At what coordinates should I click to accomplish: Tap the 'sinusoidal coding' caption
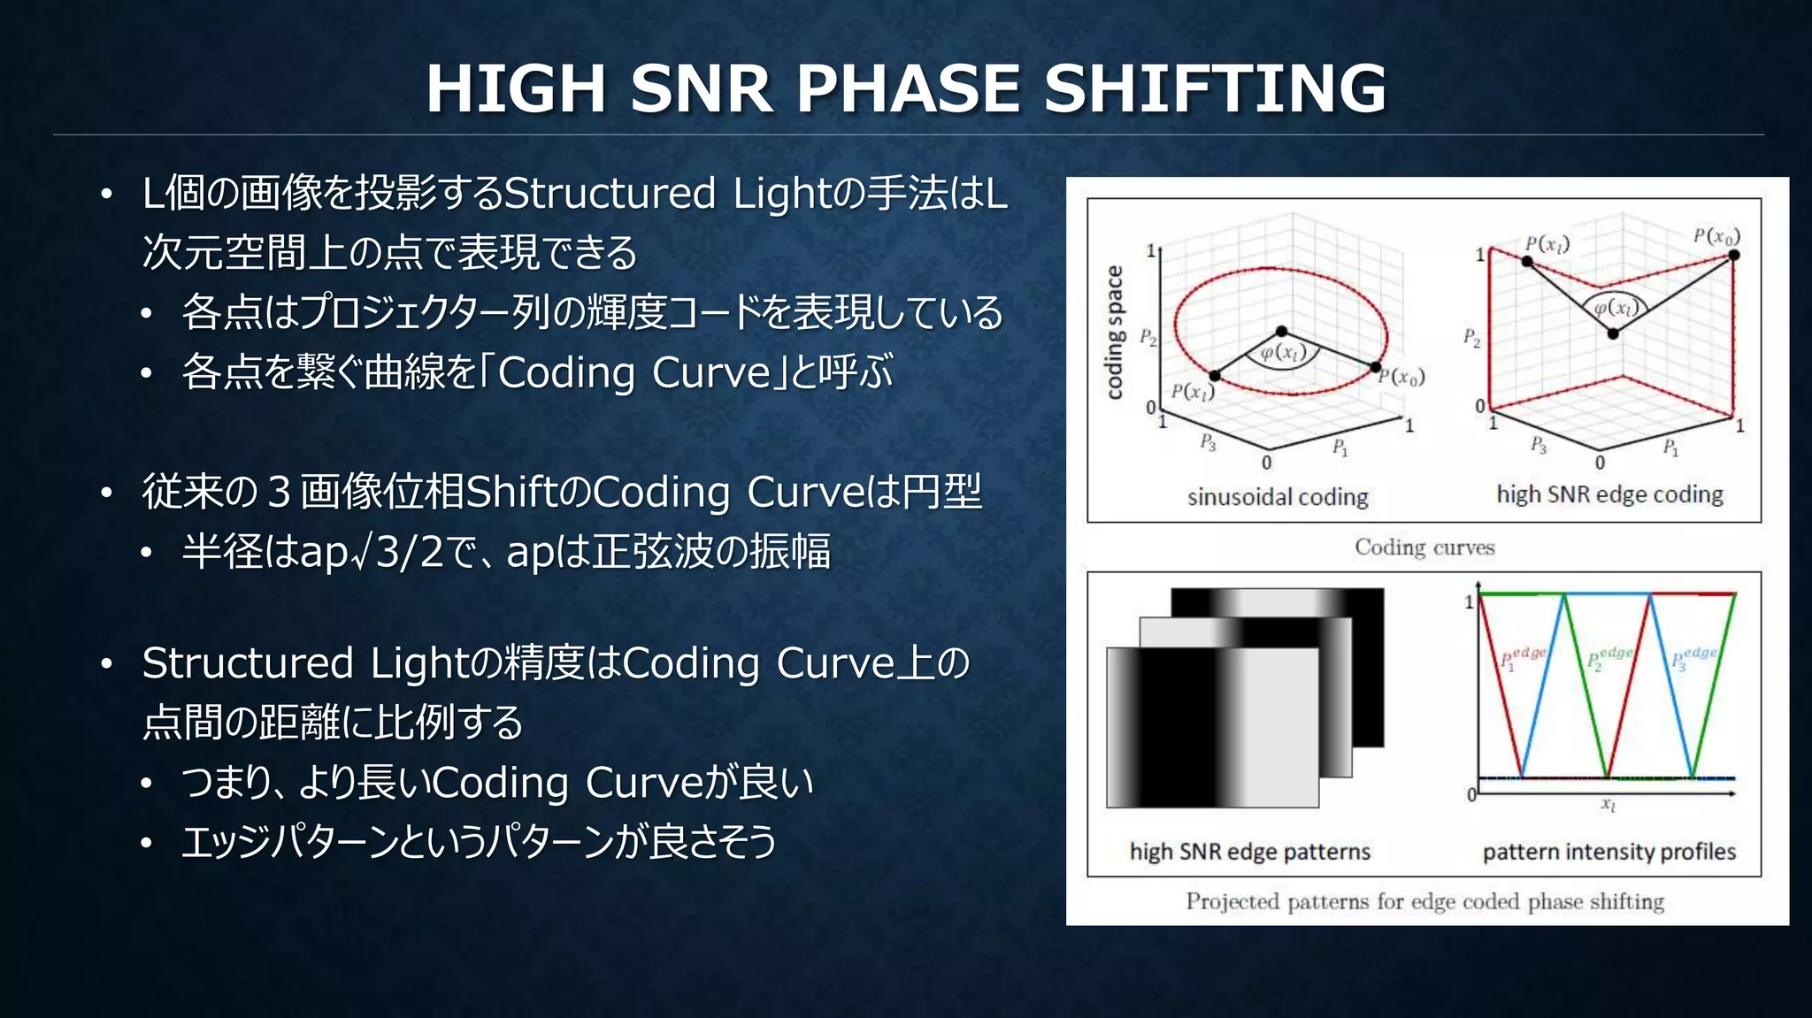(x=1278, y=497)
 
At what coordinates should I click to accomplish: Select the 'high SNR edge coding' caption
(x=1609, y=494)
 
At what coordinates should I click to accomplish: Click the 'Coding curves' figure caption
(x=1424, y=547)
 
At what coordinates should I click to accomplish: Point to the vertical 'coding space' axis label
(x=1114, y=332)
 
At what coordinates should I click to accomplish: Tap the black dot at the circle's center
(x=1281, y=331)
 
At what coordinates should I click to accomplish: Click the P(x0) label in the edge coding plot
(x=1716, y=235)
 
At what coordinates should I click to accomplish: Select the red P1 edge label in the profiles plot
(x=1523, y=658)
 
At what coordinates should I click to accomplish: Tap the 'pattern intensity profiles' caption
(x=1609, y=852)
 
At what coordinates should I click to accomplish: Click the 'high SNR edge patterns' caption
(x=1249, y=852)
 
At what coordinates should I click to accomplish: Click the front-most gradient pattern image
(x=1212, y=727)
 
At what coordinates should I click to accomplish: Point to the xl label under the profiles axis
(x=1608, y=804)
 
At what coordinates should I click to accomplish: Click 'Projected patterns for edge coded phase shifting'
(x=1424, y=901)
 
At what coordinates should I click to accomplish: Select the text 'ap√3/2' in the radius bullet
(x=372, y=552)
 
